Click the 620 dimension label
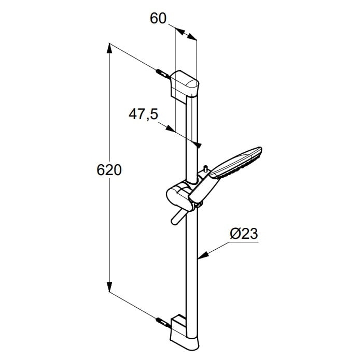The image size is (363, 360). tap(109, 170)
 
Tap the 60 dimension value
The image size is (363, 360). tap(158, 18)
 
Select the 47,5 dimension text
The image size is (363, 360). tap(143, 114)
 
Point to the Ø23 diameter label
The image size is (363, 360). tap(244, 234)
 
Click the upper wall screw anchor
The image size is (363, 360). tap(164, 74)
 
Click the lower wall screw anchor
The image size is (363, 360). tap(164, 323)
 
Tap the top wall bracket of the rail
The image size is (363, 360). tap(185, 86)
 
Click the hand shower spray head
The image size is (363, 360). tap(236, 163)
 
